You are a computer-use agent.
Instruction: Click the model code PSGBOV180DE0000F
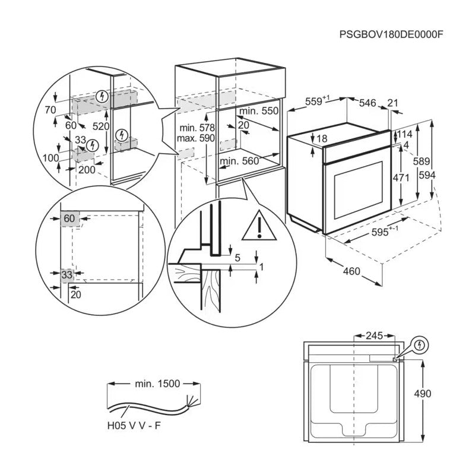[391, 34]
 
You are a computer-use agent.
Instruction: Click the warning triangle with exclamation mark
[259, 226]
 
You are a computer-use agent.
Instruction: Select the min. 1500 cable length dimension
[156, 384]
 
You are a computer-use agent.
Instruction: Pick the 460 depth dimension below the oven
[351, 271]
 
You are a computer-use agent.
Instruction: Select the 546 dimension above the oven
[368, 103]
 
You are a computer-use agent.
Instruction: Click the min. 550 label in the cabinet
[258, 111]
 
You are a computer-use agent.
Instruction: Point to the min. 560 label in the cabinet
[240, 160]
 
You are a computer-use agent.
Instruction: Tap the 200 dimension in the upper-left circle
[87, 170]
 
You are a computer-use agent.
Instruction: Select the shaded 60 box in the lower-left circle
[69, 218]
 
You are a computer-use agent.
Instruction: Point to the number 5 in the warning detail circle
[237, 258]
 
